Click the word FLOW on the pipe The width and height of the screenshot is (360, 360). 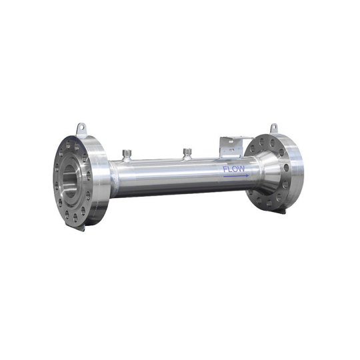(x=234, y=169)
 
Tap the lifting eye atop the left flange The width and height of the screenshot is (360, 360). (x=80, y=127)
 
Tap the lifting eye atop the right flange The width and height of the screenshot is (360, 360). (x=273, y=127)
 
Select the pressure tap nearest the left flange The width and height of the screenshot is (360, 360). (x=126, y=155)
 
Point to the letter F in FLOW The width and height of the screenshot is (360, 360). (x=225, y=169)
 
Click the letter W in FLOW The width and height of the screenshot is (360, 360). (x=243, y=169)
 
